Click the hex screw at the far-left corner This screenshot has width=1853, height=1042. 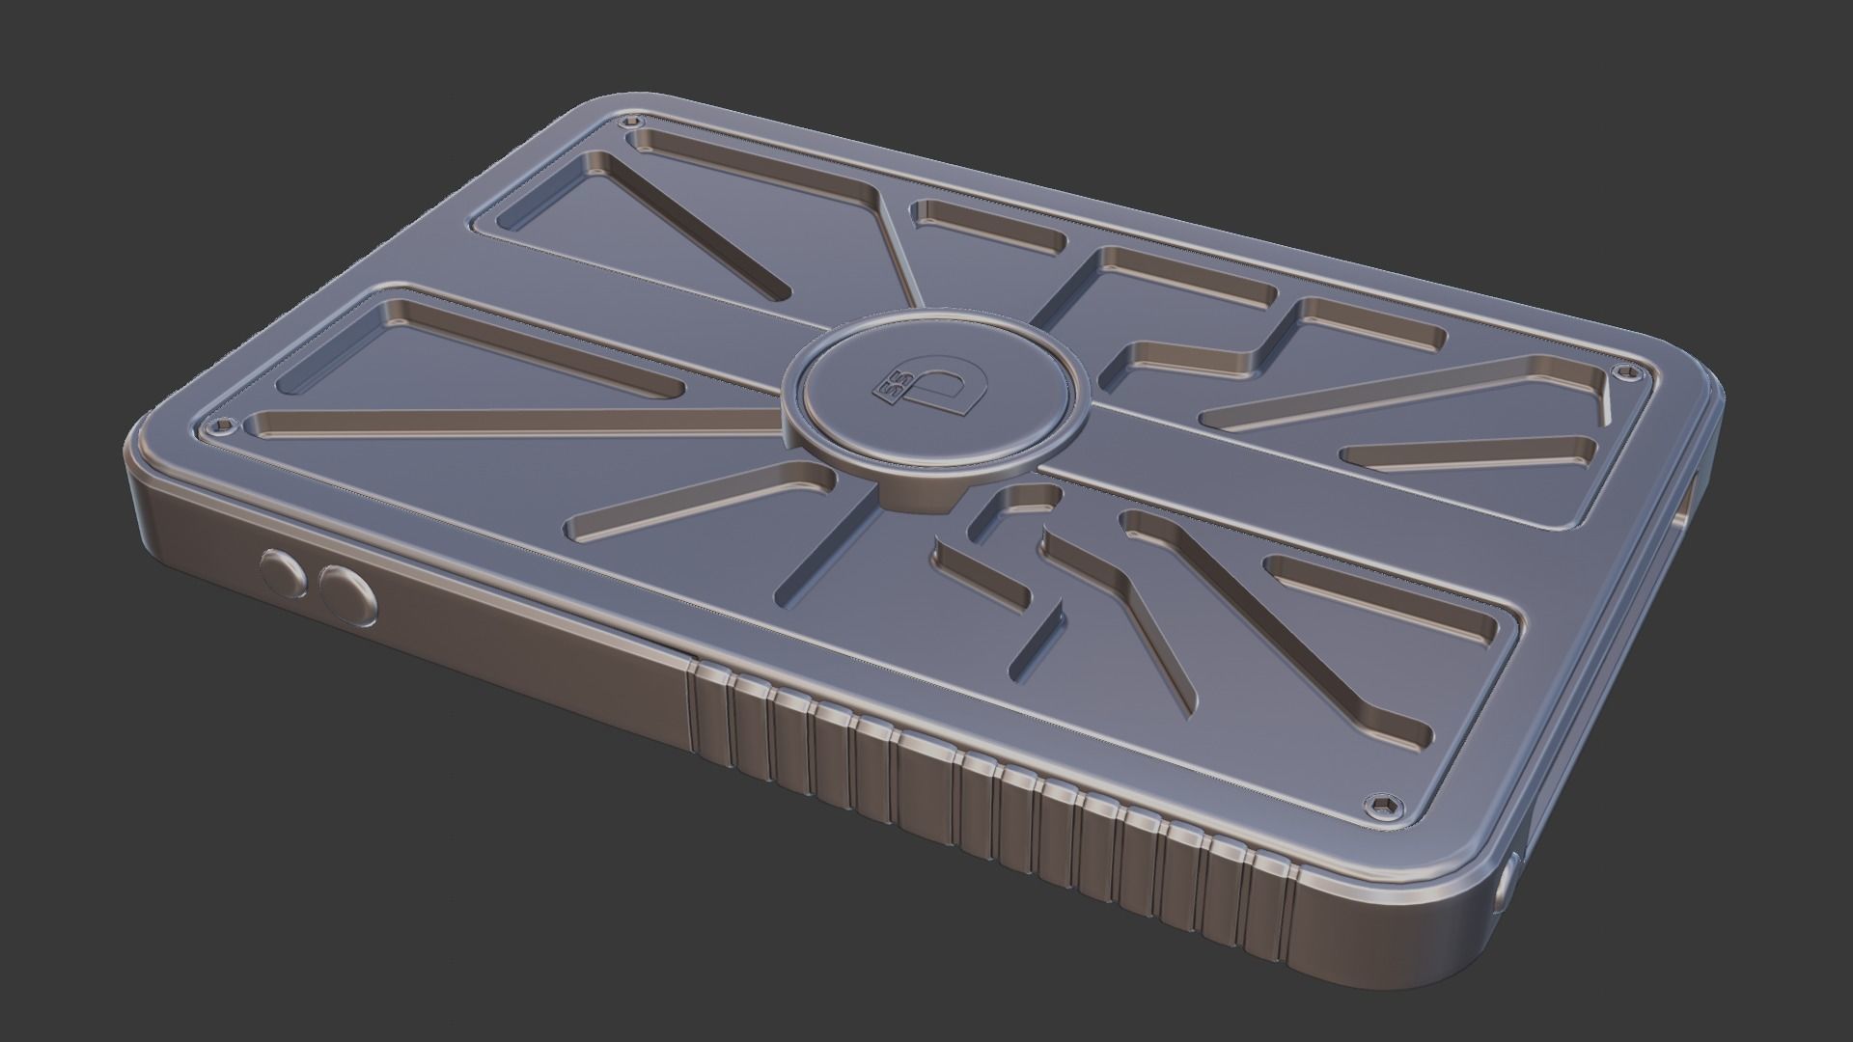tap(225, 425)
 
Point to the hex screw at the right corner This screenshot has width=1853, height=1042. tap(1633, 372)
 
